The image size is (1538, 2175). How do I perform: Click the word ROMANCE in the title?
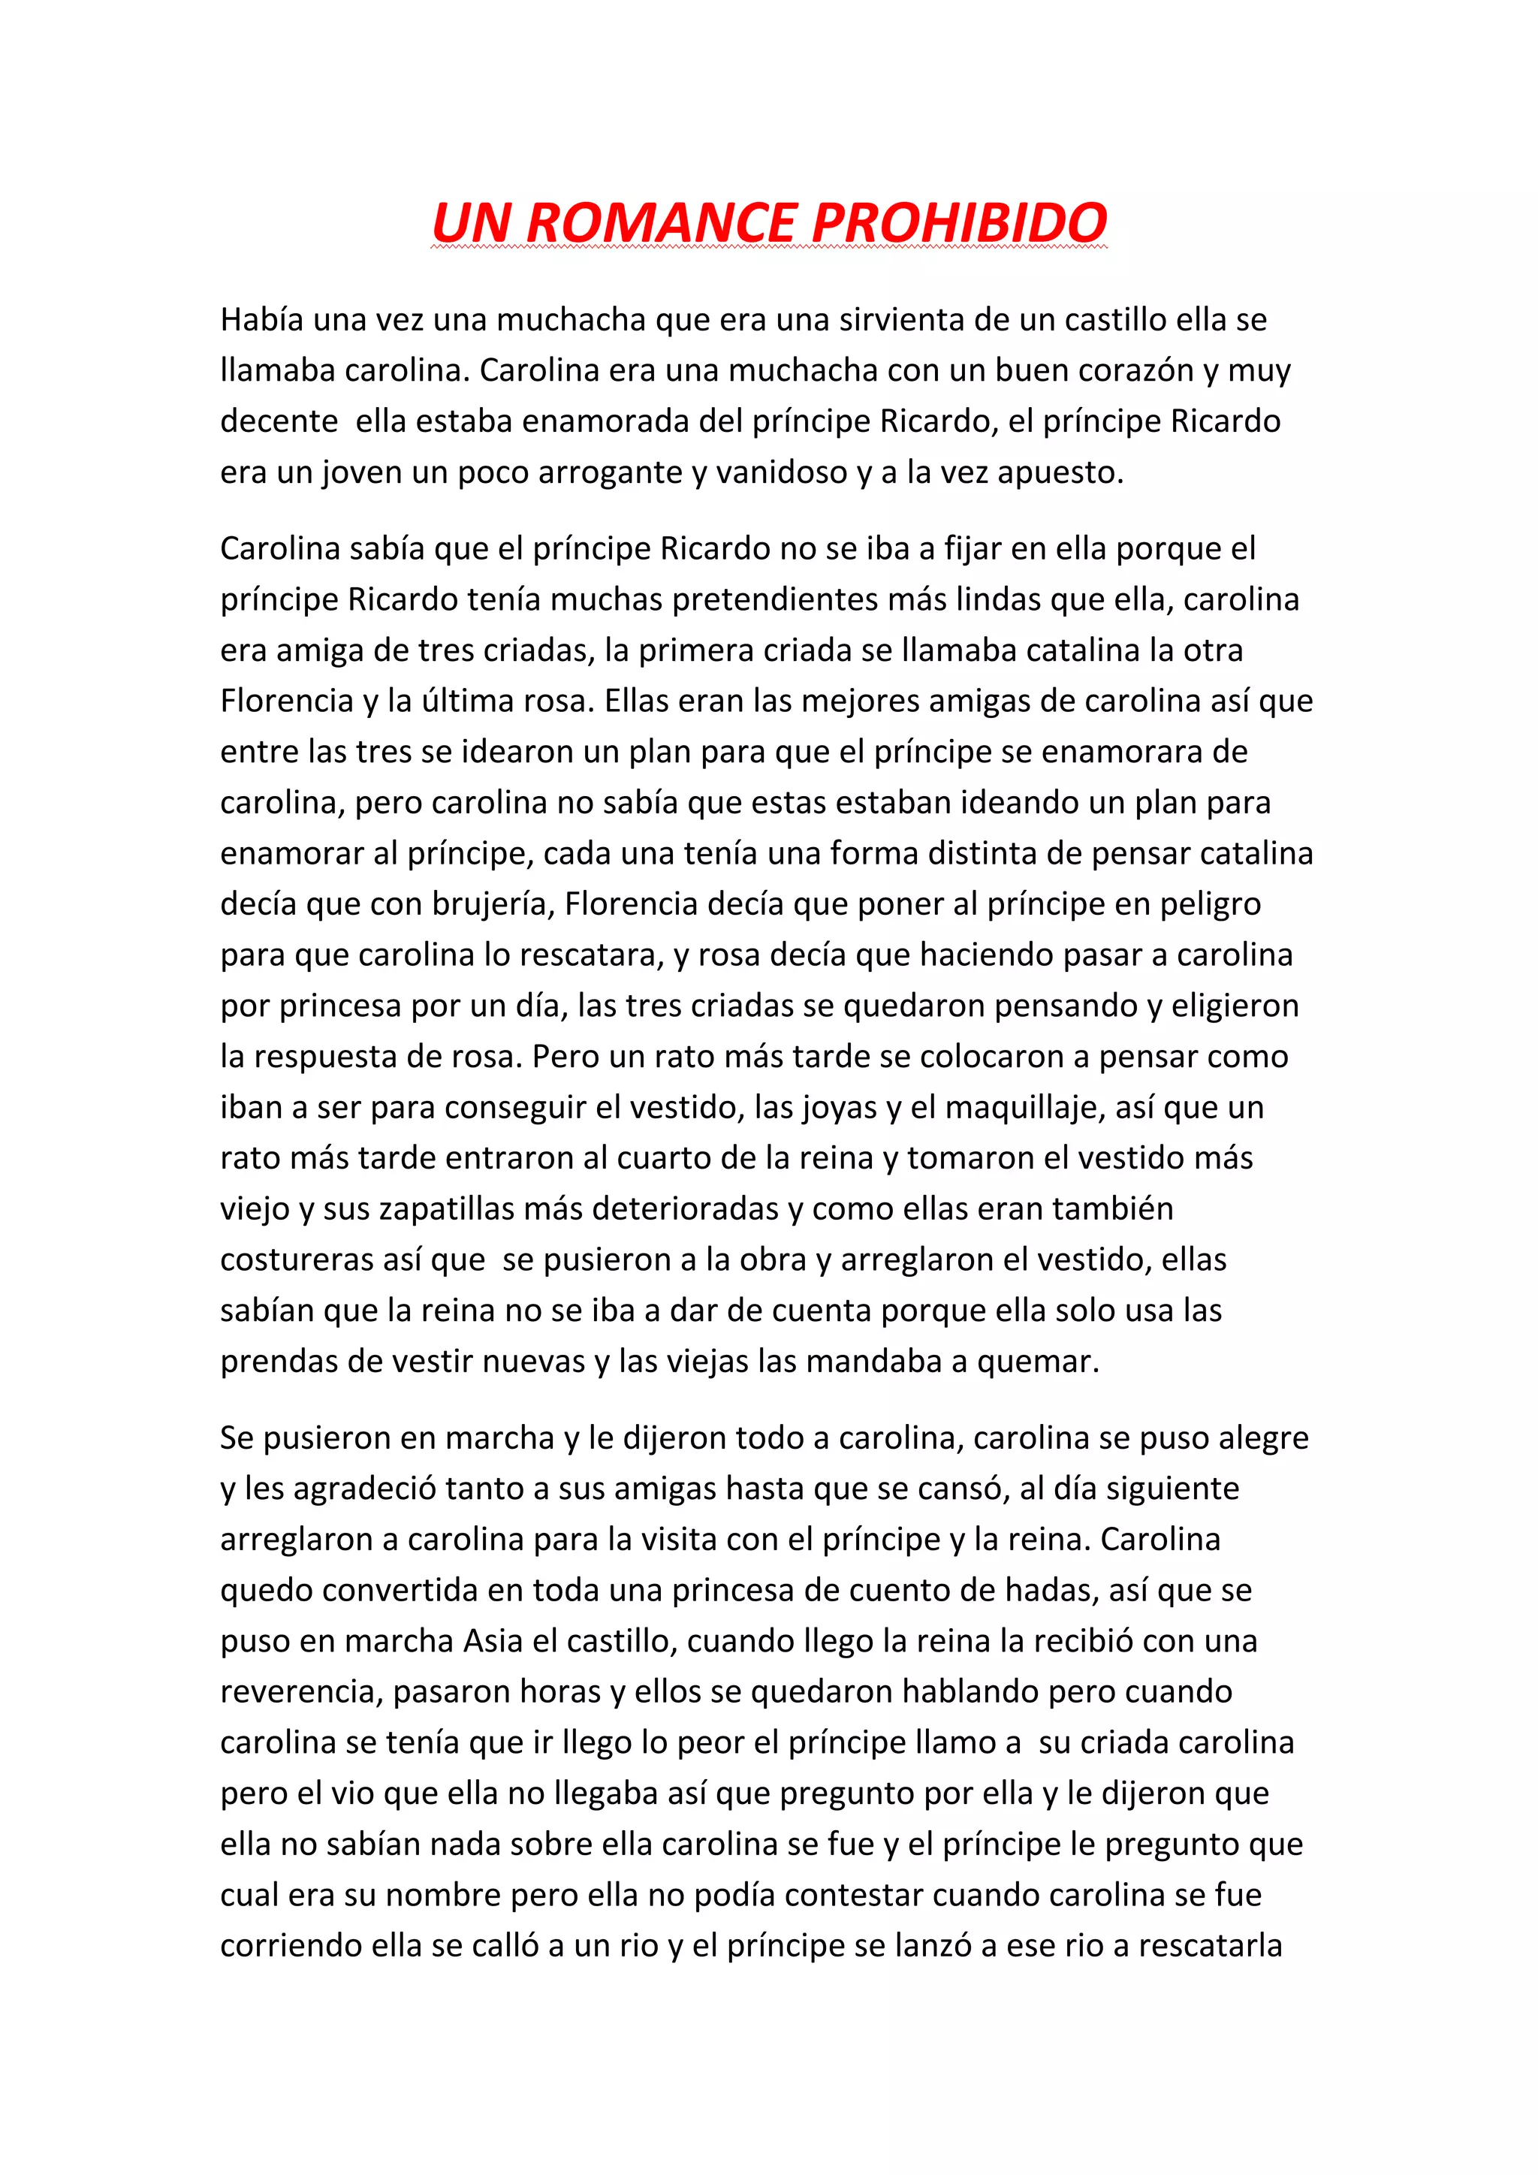click(x=661, y=224)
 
